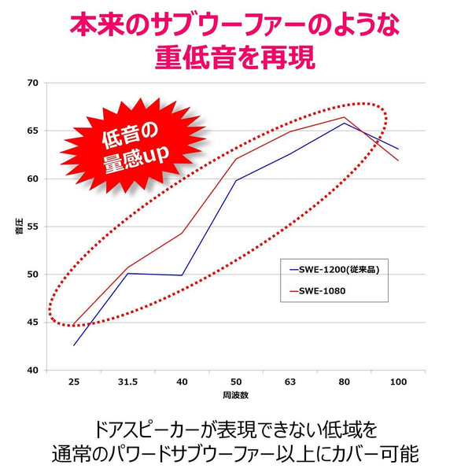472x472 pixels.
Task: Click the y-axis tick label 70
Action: [31, 82]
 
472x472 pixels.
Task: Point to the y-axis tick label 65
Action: [31, 130]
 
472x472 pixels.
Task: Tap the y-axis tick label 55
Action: [31, 226]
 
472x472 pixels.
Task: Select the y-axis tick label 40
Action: [31, 370]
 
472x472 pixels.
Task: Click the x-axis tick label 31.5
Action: [128, 382]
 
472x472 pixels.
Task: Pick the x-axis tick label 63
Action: [290, 382]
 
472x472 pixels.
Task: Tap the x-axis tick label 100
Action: [398, 382]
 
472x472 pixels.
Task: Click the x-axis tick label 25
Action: [75, 382]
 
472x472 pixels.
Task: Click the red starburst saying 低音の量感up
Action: [130, 142]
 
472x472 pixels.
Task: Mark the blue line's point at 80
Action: [344, 123]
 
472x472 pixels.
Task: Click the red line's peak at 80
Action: [344, 117]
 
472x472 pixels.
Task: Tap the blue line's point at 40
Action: [183, 275]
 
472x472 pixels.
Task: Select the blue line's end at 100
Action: [398, 149]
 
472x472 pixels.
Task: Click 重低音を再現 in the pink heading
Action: [235, 57]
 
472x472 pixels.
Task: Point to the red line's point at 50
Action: [236, 160]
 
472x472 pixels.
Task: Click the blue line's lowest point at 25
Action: [75, 345]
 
